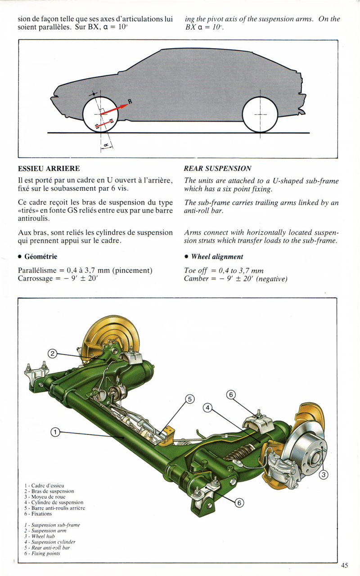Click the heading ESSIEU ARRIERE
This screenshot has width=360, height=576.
coord(49,169)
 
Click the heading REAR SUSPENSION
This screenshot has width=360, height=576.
coord(218,169)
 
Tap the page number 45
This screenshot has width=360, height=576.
coord(345,565)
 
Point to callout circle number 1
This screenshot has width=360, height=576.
coord(55,433)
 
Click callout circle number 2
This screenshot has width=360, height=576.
coord(53,353)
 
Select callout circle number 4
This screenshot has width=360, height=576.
coord(207,407)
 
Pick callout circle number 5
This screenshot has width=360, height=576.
coord(189,398)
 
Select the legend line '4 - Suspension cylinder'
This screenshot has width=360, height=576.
coord(50,542)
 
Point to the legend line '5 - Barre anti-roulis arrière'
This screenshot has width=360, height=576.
coord(54,508)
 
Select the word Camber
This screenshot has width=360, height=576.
coord(196,279)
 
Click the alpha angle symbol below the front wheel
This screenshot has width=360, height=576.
coord(106,145)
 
